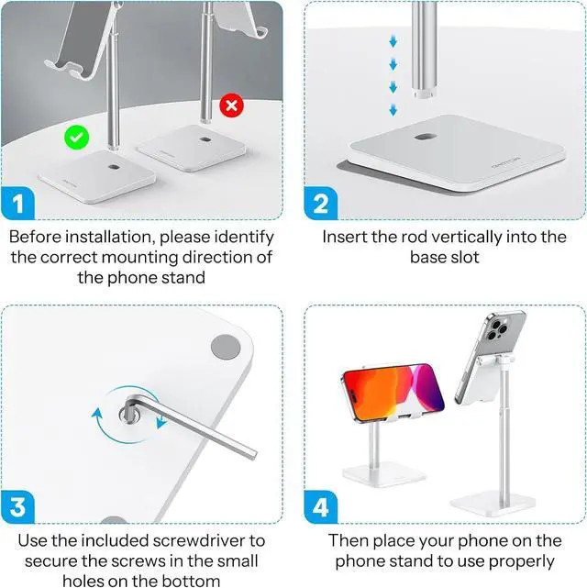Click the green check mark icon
click(x=77, y=138)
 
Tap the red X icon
click(x=231, y=105)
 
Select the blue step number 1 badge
click(x=18, y=203)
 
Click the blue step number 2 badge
click(x=320, y=203)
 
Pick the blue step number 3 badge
click(x=18, y=507)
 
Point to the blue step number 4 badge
click(x=320, y=507)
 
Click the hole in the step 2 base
click(x=426, y=137)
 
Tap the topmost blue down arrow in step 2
click(x=393, y=41)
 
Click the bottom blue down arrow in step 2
click(x=393, y=110)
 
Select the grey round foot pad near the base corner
click(x=226, y=348)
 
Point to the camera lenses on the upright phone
click(x=496, y=330)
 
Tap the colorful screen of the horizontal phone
click(x=393, y=393)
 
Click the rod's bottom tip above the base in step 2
click(x=425, y=94)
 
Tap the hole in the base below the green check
click(x=113, y=166)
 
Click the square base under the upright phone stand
click(x=493, y=504)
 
